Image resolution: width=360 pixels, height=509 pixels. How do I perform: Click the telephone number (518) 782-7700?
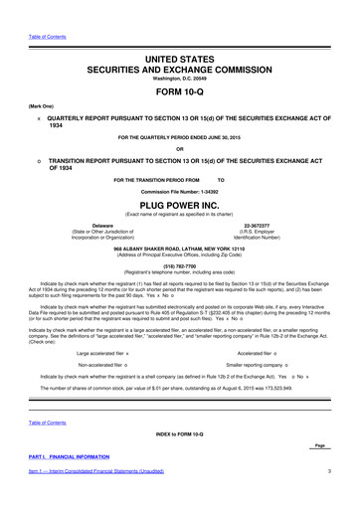(179, 240)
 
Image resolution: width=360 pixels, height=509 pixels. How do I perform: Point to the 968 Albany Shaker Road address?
(179, 223)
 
